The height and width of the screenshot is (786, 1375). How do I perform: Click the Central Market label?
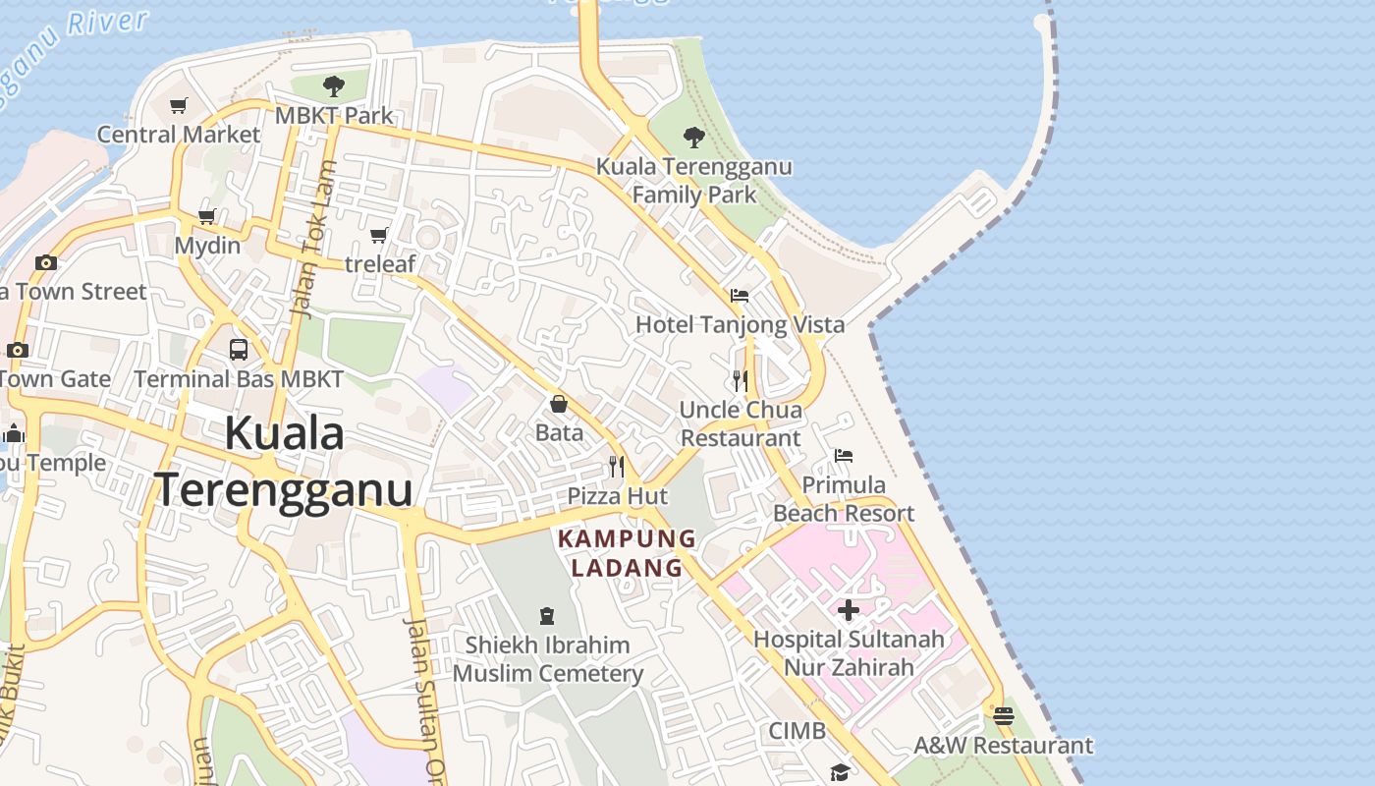click(x=179, y=135)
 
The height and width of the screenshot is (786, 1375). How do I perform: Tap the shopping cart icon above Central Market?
click(x=179, y=105)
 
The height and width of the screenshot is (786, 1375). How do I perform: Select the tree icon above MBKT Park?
click(x=334, y=86)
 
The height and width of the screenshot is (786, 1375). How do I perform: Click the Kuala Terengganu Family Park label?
click(x=694, y=181)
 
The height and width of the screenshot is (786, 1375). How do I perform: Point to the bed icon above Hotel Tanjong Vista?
click(x=740, y=295)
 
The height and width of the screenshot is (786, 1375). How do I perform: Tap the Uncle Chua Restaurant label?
click(x=742, y=423)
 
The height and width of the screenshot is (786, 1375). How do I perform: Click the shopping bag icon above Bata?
click(x=559, y=404)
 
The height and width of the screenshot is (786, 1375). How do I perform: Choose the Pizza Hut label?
click(x=618, y=496)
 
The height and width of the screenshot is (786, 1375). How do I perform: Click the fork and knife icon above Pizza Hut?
click(x=617, y=466)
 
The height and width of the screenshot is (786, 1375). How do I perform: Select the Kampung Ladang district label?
click(x=627, y=553)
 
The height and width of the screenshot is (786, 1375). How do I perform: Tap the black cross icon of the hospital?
click(x=849, y=610)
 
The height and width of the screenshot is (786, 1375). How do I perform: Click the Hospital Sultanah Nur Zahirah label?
click(x=849, y=653)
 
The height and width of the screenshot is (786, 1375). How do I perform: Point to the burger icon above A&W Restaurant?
click(x=1003, y=716)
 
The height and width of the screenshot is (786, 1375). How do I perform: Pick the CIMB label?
click(x=797, y=731)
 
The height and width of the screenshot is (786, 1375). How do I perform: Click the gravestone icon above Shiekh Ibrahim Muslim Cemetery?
click(x=547, y=616)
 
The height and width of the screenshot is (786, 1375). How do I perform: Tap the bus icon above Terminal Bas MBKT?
click(x=239, y=349)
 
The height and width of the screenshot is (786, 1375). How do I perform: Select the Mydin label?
click(x=207, y=246)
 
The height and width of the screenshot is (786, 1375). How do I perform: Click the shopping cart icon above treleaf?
click(x=379, y=235)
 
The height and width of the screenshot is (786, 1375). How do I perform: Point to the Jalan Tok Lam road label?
click(x=316, y=241)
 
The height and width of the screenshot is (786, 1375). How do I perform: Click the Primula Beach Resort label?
click(x=844, y=499)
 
